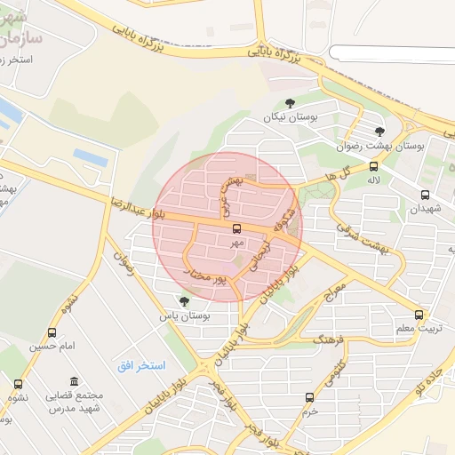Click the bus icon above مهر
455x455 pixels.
click(235, 228)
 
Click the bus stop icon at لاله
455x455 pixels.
click(372, 166)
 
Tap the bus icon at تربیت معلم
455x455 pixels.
click(419, 315)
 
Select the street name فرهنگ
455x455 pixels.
click(306, 339)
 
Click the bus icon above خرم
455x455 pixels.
click(309, 397)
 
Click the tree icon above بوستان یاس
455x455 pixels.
click(184, 302)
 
